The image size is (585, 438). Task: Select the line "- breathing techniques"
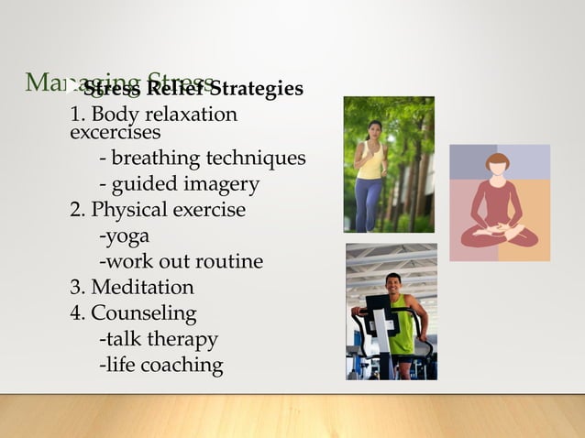pos(202,159)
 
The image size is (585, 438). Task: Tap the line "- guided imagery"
pos(178,184)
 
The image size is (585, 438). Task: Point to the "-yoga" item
pos(124,236)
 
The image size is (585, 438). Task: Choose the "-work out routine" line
pos(180,262)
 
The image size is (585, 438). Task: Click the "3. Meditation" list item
pos(132,288)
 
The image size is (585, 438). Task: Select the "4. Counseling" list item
pos(134,313)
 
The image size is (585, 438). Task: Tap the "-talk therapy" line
pos(158,339)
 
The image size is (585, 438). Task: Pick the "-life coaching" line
pos(160,365)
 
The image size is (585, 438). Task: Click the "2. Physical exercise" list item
pos(158,210)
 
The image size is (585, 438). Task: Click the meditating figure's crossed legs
pos(499,236)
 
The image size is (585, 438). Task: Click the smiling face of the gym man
pos(393,283)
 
